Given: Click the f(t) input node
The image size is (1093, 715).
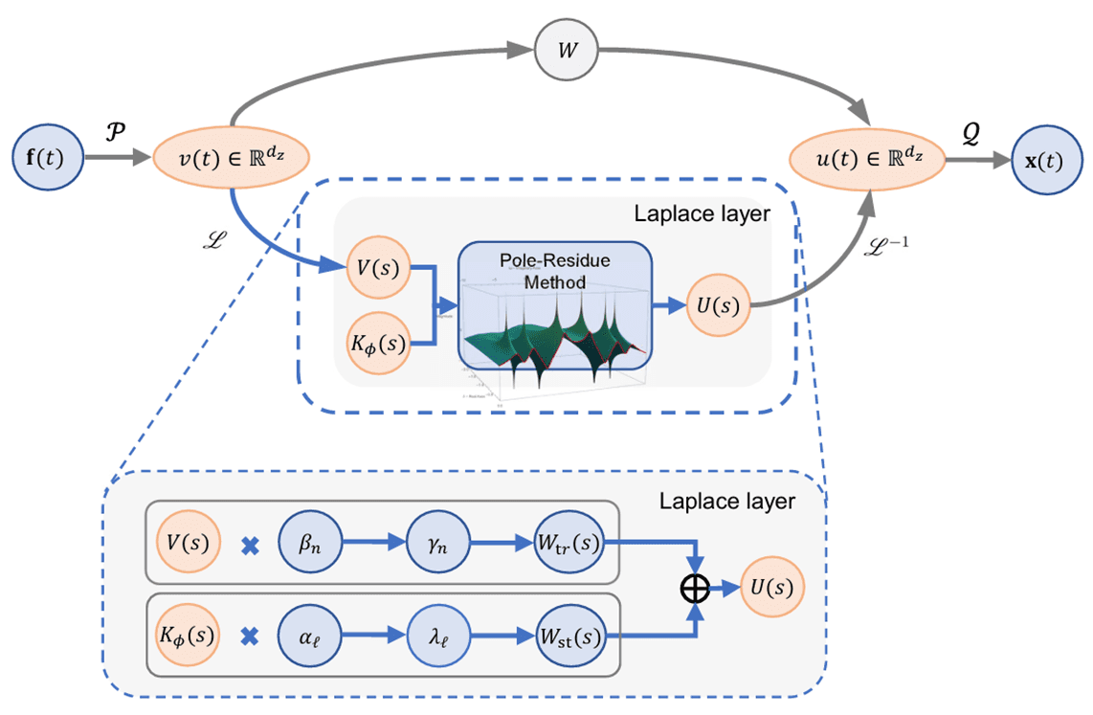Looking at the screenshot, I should point(47,156).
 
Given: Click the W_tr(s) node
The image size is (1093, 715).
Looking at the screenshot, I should point(570,543).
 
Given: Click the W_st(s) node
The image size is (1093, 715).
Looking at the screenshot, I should point(570,635).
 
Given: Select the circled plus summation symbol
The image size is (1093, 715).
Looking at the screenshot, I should point(696,589).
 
